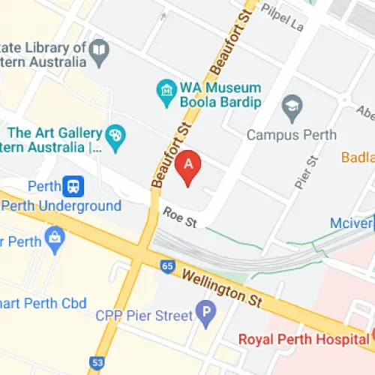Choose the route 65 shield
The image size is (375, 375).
pyautogui.click(x=166, y=266)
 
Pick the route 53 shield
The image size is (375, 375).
pyautogui.click(x=97, y=363)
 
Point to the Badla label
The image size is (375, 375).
pyautogui.click(x=357, y=157)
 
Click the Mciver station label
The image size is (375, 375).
pyautogui.click(x=352, y=223)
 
